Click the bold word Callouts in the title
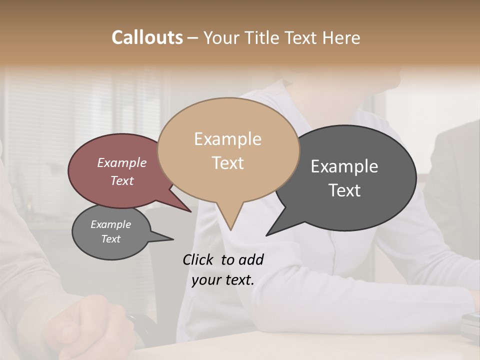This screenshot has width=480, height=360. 147,37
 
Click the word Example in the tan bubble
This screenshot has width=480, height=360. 227,139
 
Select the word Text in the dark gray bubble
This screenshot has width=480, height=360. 344,190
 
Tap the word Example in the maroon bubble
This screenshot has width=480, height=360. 122,162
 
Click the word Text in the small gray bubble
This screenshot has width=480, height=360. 111,239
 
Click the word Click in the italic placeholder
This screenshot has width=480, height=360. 198,259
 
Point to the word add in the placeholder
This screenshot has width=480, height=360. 251,259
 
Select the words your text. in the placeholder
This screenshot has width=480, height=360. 223,280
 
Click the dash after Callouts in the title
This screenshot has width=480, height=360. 193,38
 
